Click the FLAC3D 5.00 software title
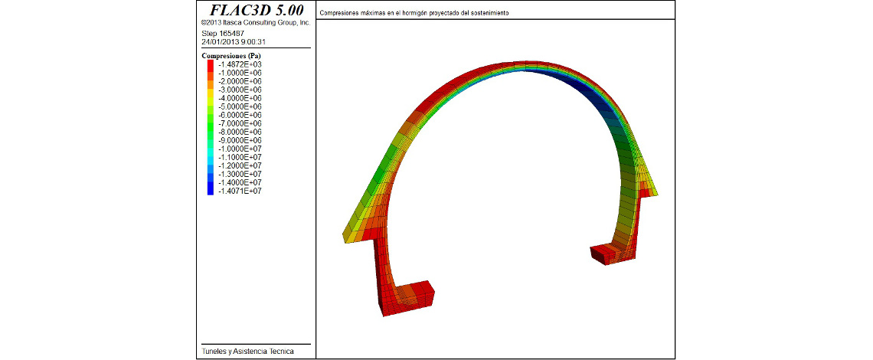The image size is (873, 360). click(x=257, y=10)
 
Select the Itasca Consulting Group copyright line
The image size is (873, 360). click(x=256, y=23)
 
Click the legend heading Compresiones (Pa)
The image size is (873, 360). click(x=231, y=56)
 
